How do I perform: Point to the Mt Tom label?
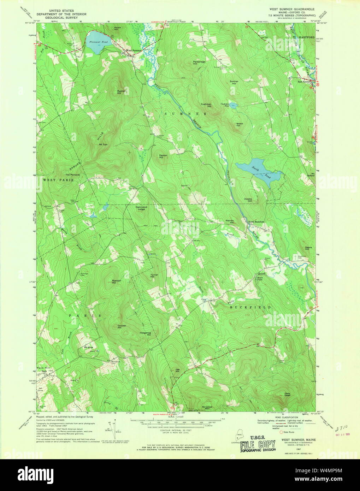[103, 144]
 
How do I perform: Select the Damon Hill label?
[163, 156]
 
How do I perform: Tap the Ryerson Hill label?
[117, 282]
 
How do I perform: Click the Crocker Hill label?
[122, 326]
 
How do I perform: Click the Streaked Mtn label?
[207, 408]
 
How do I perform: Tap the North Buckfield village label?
[256, 221]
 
